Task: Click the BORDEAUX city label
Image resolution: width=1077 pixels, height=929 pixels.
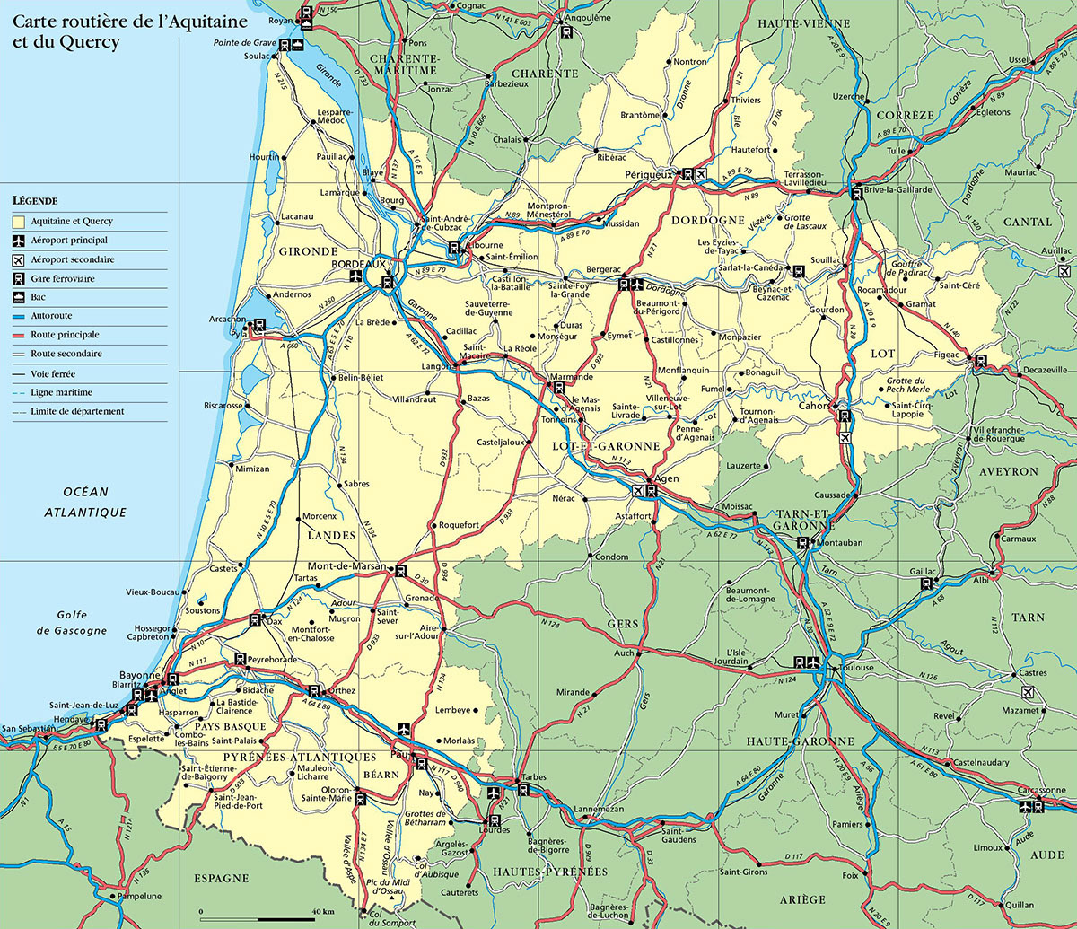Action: (x=358, y=264)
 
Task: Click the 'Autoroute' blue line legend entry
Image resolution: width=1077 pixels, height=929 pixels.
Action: (x=51, y=316)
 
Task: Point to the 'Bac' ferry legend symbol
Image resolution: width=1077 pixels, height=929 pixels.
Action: (x=39, y=297)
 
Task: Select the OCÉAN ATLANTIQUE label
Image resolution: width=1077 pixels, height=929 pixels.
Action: (x=85, y=502)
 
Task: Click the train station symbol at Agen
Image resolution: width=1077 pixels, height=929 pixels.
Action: (x=652, y=491)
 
